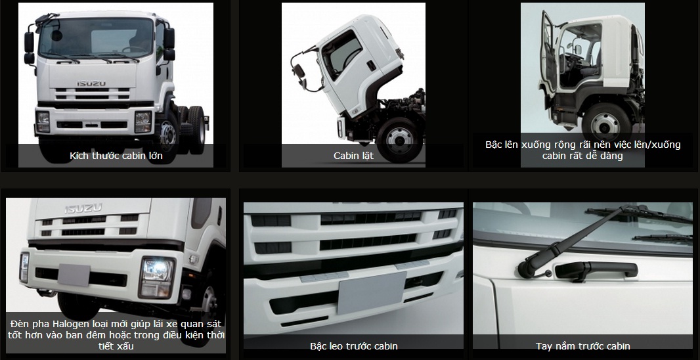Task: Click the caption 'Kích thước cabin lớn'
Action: (116, 156)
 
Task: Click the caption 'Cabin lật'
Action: (353, 156)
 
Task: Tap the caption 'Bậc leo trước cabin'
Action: (353, 346)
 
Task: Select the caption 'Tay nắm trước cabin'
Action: (583, 346)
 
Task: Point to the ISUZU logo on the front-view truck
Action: (91, 83)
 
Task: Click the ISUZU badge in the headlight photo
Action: (83, 208)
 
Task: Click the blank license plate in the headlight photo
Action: (74, 274)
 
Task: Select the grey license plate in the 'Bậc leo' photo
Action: (371, 292)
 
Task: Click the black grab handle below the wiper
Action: (596, 270)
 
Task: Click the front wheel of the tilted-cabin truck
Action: (399, 139)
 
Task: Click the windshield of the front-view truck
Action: (96, 37)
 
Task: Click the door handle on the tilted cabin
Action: (371, 66)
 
